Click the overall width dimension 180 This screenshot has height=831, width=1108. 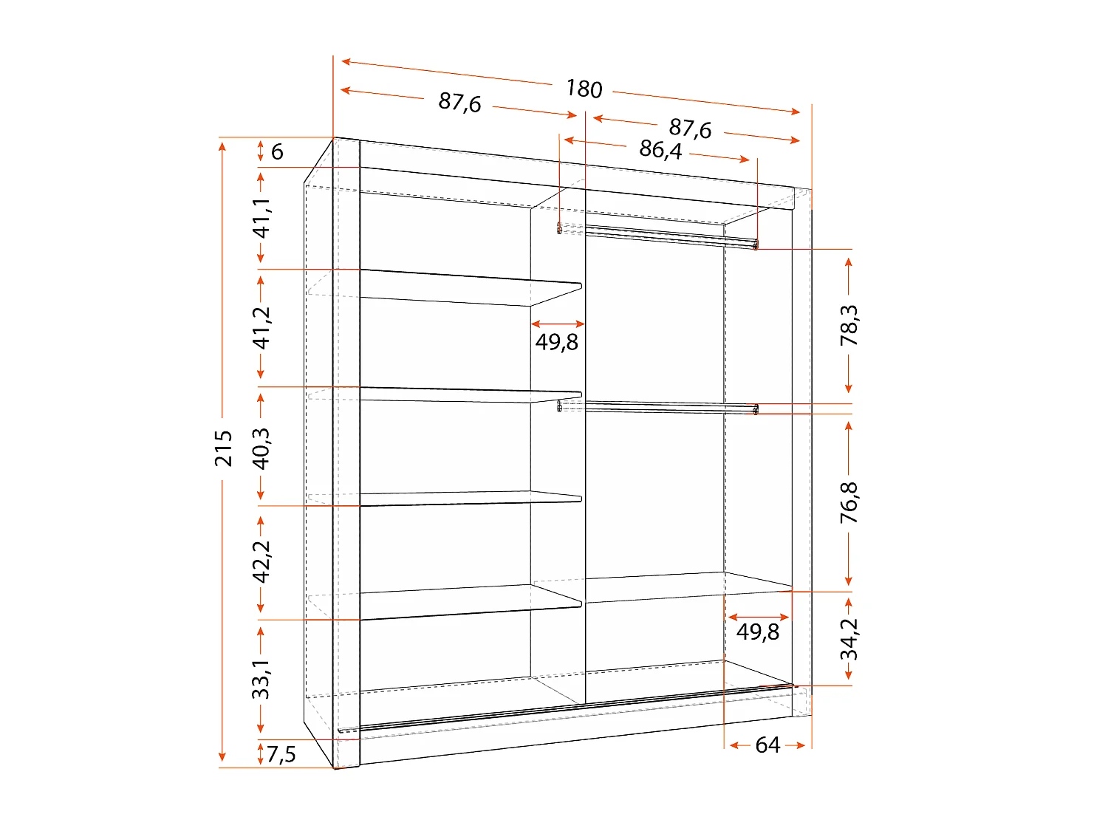click(584, 89)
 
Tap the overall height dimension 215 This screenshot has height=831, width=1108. click(223, 448)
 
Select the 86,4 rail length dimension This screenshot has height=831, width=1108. click(660, 150)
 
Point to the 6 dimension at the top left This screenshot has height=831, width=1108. click(277, 152)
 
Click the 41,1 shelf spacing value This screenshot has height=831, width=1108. click(261, 218)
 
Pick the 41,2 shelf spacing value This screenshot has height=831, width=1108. click(261, 327)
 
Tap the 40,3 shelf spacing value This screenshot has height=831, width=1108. click(261, 448)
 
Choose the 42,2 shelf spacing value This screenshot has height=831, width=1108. click(261, 561)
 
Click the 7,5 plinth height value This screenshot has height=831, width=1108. click(281, 754)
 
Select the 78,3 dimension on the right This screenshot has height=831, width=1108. click(849, 325)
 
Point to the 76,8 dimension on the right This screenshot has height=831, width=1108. click(849, 502)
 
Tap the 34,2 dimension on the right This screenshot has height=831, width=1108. click(849, 638)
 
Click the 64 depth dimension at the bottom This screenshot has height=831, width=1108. click(767, 745)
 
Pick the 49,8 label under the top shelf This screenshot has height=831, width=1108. click(557, 342)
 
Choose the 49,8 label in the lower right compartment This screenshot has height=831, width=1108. click(758, 632)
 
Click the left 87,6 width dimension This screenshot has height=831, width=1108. click(459, 102)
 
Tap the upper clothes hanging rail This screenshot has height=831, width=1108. click(665, 235)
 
